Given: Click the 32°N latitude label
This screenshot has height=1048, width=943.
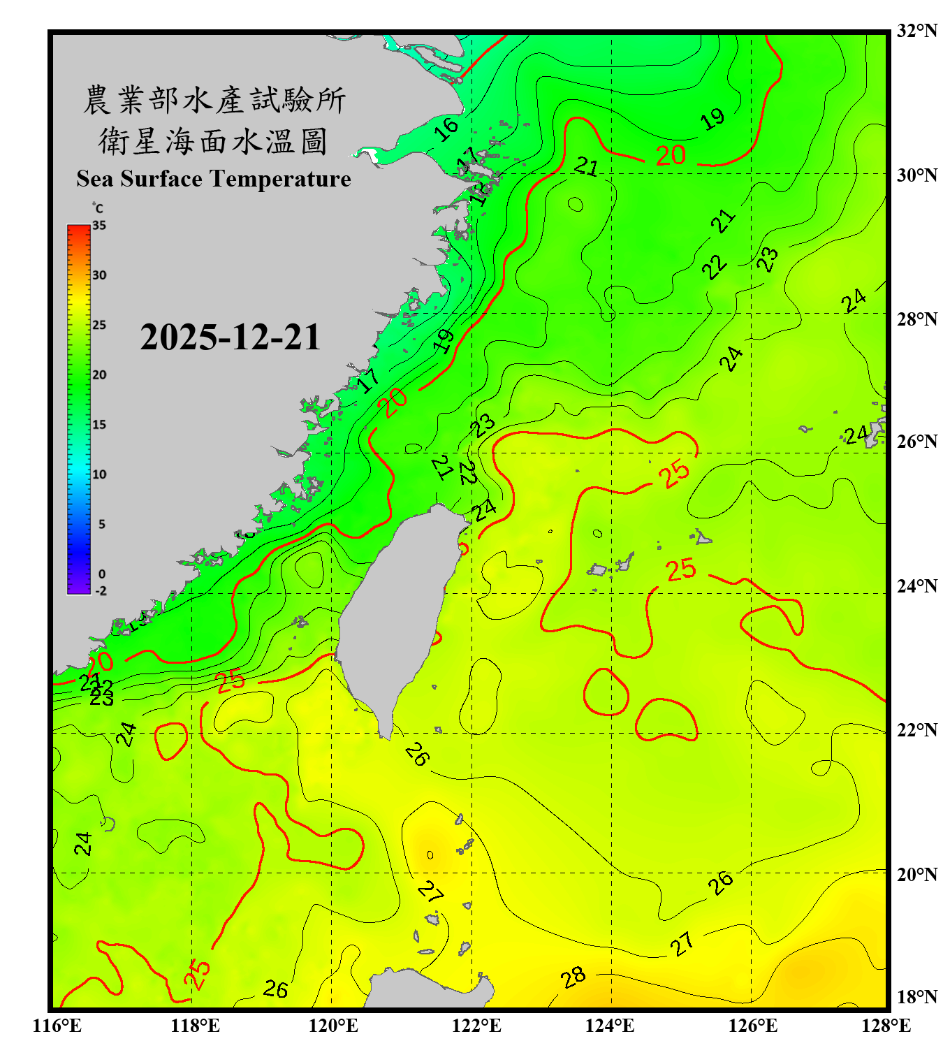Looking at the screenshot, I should [916, 31].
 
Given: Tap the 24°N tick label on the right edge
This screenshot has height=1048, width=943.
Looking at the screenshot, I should [916, 585].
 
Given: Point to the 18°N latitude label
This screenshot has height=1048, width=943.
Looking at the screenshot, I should [916, 996].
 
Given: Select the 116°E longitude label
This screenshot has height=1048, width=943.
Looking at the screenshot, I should [57, 1026].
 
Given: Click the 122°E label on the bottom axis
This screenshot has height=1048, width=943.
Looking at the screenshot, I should [476, 1026].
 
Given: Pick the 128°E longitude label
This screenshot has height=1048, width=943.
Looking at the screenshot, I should [886, 1026].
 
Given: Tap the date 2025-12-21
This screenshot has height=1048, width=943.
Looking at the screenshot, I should [230, 337].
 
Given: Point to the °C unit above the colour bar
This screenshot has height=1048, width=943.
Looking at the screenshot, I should [97, 208].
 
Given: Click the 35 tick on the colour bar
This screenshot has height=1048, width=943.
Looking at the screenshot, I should [99, 225].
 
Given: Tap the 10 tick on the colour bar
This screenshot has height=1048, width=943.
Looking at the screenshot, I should [99, 474].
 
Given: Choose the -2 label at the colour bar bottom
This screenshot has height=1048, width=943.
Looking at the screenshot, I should [101, 590].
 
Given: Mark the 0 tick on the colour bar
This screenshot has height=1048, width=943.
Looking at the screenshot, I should [102, 574].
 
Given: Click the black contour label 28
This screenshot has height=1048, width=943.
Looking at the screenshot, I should [573, 977].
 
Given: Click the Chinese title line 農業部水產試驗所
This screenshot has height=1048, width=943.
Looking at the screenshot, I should [214, 100].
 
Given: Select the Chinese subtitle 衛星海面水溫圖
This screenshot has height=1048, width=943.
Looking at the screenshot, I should [213, 141].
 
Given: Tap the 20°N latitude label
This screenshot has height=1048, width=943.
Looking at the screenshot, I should [916, 874].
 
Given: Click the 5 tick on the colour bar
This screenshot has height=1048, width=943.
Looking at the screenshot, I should [102, 524].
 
